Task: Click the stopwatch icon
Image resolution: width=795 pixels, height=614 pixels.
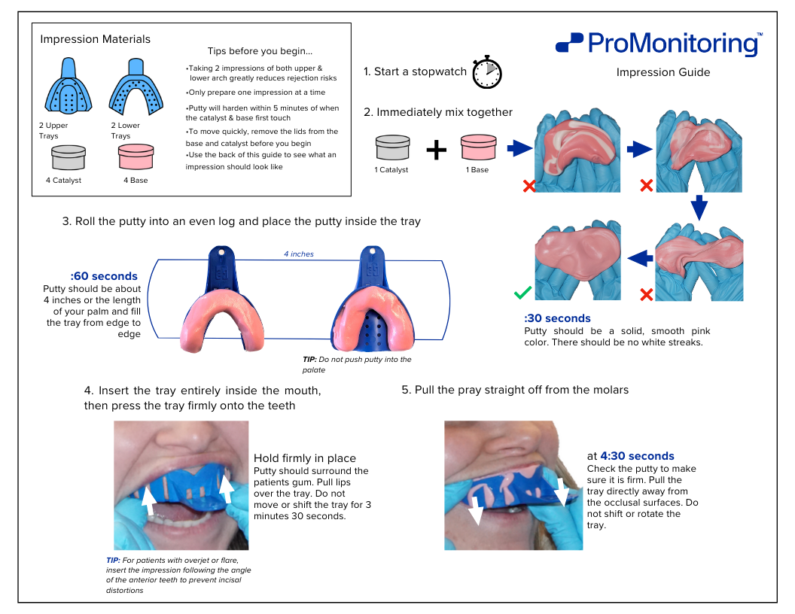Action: [x=487, y=72]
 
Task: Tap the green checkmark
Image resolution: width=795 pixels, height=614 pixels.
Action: [x=522, y=293]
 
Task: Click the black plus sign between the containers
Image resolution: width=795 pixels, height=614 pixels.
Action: [x=436, y=150]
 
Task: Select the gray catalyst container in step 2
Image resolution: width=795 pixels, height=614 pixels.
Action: [x=392, y=147]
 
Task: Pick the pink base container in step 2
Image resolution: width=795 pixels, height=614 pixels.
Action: [x=478, y=147]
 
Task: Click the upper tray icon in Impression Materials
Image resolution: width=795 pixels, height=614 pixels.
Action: [x=69, y=86]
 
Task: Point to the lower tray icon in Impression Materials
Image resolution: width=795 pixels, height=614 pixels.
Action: [x=136, y=87]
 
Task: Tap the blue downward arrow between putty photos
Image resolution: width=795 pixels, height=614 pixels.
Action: [x=699, y=207]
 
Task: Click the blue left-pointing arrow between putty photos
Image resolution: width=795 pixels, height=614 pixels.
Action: [x=640, y=258]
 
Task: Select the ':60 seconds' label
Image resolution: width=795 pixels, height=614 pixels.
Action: [x=104, y=276]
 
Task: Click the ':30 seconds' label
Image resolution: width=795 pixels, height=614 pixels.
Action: [x=557, y=318]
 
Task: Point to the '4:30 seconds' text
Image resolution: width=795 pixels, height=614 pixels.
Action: [x=637, y=456]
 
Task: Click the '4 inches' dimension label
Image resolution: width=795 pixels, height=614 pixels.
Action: [x=299, y=254]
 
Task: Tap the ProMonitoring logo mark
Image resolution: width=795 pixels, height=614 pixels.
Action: [x=569, y=43]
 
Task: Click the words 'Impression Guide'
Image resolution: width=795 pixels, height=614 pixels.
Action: [x=663, y=72]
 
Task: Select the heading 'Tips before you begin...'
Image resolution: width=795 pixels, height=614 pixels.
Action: [x=260, y=51]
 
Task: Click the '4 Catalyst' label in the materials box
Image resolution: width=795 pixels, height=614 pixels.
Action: [x=63, y=181]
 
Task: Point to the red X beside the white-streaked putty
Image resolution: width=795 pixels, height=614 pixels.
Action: [x=528, y=186]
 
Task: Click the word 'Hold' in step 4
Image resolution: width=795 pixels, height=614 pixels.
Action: [x=267, y=458]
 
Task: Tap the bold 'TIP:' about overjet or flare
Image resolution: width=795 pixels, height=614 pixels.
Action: [x=113, y=561]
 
